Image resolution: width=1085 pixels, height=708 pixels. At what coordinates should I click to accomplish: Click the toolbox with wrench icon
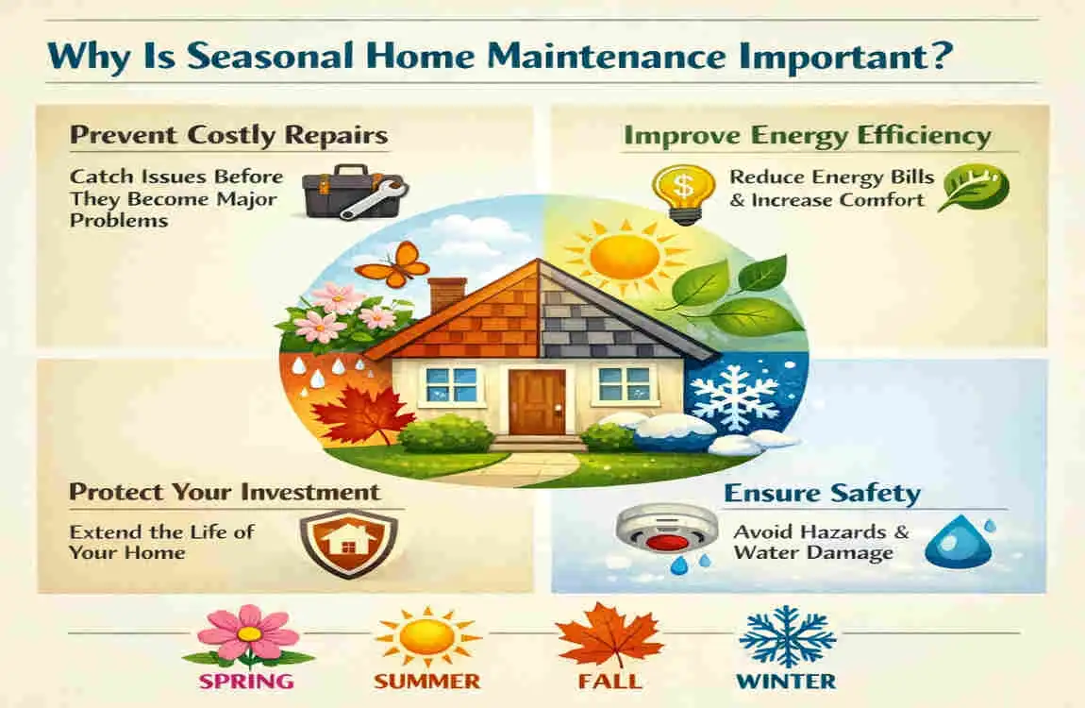coord(356,193)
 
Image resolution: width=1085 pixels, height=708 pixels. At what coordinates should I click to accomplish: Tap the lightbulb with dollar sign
coord(683,194)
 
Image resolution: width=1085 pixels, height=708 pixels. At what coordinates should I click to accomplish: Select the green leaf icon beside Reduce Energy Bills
coord(974,188)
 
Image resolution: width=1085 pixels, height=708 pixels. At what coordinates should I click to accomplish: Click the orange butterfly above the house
coord(392,264)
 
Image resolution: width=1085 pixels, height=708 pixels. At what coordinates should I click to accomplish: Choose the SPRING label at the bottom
coord(246,681)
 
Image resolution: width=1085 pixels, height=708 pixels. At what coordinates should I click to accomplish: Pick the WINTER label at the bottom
coord(786,681)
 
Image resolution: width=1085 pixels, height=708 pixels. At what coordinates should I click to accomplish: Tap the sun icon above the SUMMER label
coord(427,636)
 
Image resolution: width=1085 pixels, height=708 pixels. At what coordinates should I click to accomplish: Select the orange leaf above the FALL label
coord(609,635)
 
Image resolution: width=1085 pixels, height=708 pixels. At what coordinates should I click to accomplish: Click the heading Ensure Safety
coord(822,494)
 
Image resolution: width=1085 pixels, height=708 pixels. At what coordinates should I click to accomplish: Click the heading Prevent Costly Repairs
coord(229,135)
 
